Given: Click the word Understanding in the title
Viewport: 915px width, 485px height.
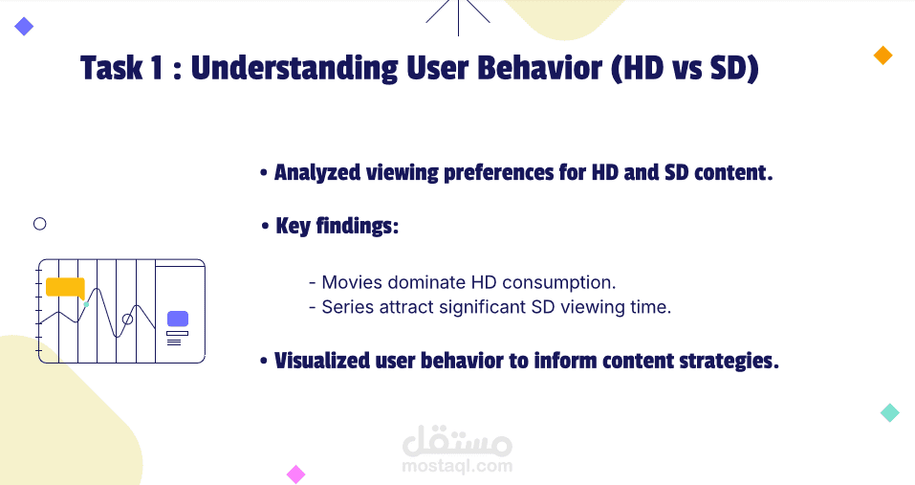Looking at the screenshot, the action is coord(294,68).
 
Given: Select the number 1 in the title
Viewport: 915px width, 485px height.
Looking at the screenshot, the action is coord(156,68).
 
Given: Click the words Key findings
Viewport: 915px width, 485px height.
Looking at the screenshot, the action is coord(337,226).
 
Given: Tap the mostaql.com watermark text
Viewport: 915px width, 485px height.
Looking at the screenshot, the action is coord(457,466).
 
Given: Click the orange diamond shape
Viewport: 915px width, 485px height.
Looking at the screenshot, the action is coord(882,55).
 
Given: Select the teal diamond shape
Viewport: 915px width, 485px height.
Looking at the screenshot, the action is coord(890,412).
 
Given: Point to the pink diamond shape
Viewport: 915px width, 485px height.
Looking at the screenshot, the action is coord(295,474).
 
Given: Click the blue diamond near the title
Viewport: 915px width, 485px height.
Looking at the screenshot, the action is coord(24,26).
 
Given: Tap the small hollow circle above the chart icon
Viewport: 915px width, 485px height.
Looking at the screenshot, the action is coord(40,218).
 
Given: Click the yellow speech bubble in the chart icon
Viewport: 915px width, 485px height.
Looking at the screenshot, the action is coord(65,288).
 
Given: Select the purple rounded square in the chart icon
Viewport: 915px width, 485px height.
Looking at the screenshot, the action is coord(178,319).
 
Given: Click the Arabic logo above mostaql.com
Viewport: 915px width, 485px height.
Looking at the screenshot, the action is coord(457,441).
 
